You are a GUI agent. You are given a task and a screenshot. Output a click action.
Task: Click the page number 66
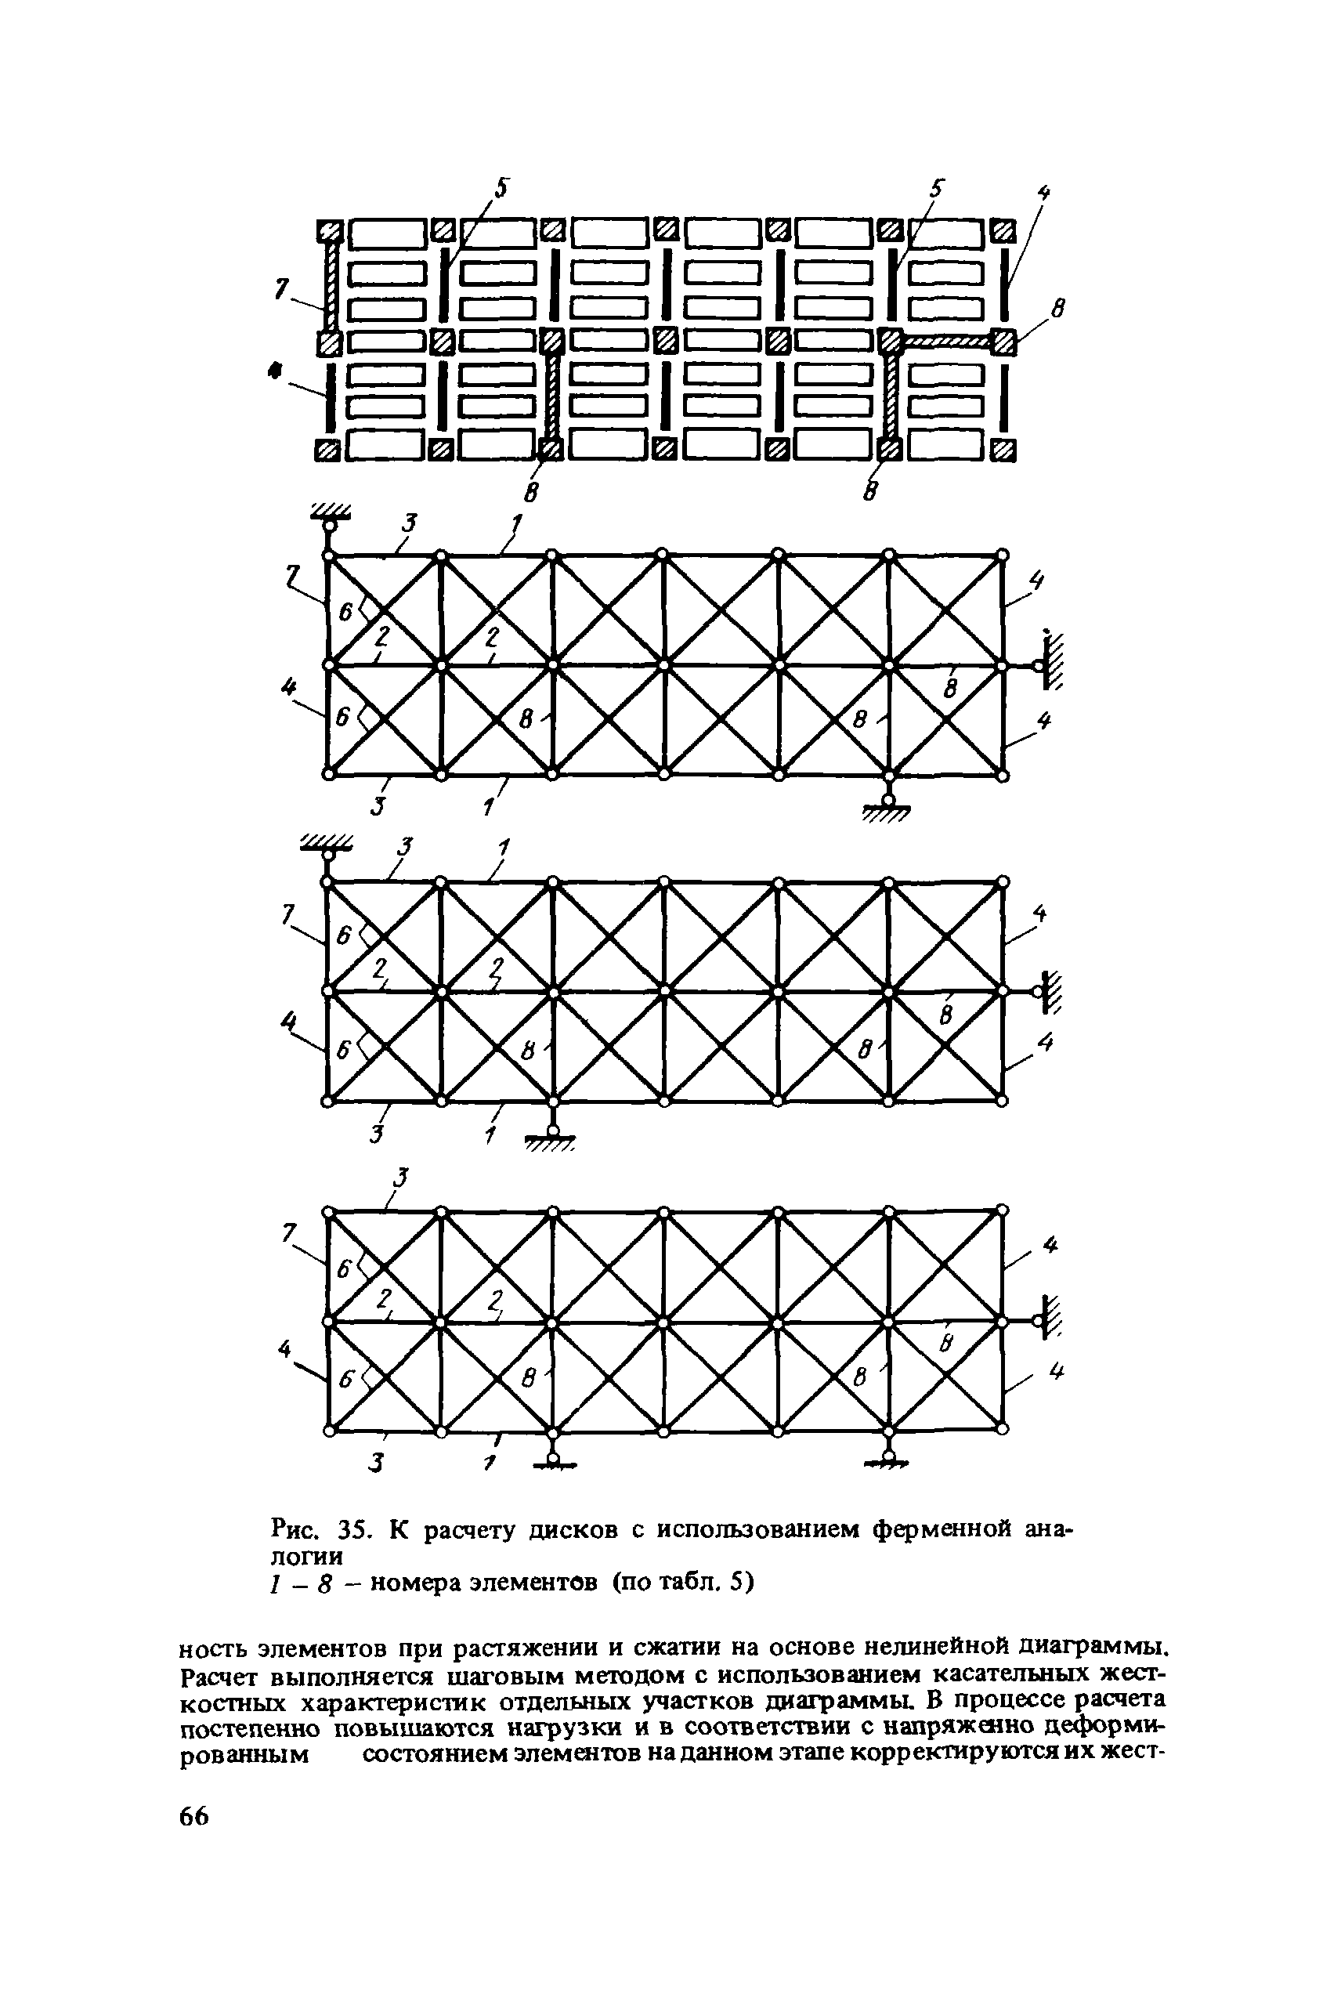point(194,1840)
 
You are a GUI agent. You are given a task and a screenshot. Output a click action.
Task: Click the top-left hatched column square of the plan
point(329,230)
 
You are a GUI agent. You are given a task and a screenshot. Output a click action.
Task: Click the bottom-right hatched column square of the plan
point(1005,450)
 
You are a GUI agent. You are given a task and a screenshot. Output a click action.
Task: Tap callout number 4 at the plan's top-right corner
point(1043,194)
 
